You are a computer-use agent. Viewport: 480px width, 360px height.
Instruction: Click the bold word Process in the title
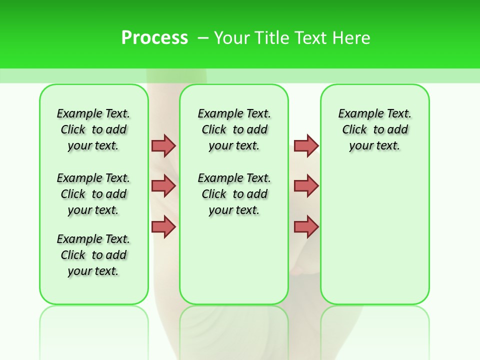pyautogui.click(x=154, y=38)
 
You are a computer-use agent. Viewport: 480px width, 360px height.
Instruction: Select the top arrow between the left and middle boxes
pyautogui.click(x=163, y=145)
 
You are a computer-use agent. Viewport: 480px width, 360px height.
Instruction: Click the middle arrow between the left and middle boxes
pyautogui.click(x=163, y=186)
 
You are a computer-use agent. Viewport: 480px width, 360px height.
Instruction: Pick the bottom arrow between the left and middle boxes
pyautogui.click(x=163, y=226)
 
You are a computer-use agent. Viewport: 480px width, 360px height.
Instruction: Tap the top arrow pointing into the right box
pyautogui.click(x=306, y=145)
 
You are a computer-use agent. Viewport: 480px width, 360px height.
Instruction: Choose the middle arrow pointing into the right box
pyautogui.click(x=306, y=186)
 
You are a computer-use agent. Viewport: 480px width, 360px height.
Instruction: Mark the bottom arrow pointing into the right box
pyautogui.click(x=306, y=226)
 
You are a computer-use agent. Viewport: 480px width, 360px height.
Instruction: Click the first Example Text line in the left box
pyautogui.click(x=93, y=113)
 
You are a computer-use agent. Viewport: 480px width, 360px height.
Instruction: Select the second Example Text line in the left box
pyautogui.click(x=93, y=178)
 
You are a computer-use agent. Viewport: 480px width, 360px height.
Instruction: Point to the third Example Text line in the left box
pyautogui.click(x=93, y=239)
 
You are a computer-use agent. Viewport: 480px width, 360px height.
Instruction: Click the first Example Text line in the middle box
pyautogui.click(x=234, y=113)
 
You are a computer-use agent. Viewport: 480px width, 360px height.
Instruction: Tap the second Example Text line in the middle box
pyautogui.click(x=234, y=178)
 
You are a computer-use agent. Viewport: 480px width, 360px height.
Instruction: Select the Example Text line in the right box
pyautogui.click(x=375, y=113)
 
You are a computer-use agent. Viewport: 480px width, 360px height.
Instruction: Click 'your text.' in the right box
pyautogui.click(x=375, y=145)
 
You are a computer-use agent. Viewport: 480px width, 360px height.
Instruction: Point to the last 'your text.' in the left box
pyautogui.click(x=93, y=271)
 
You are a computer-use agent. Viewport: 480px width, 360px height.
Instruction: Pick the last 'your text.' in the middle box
pyautogui.click(x=234, y=210)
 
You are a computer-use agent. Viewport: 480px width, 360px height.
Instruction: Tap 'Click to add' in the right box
pyautogui.click(x=375, y=129)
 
